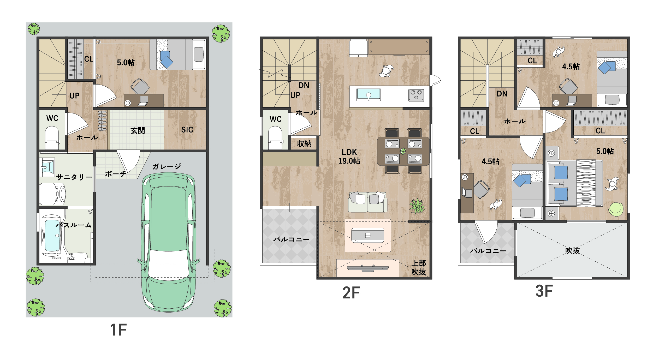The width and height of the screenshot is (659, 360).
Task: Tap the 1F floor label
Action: pyautogui.click(x=118, y=330)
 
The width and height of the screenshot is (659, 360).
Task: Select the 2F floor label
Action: pyautogui.click(x=351, y=293)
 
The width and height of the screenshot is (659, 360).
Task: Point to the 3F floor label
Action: pyautogui.click(x=544, y=291)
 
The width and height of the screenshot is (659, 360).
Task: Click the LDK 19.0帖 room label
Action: pyautogui.click(x=349, y=157)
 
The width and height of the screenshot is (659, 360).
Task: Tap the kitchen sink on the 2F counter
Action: pyautogui.click(x=369, y=94)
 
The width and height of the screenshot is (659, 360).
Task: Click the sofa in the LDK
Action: pyautogui.click(x=368, y=202)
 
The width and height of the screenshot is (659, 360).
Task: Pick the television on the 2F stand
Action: pyautogui.click(x=368, y=268)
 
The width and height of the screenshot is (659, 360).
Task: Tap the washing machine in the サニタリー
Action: pyautogui.click(x=53, y=194)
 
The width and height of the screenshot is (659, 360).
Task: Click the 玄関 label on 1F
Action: pyautogui.click(x=138, y=130)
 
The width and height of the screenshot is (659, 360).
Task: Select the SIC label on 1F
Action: pyautogui.click(x=187, y=130)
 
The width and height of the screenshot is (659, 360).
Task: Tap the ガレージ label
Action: pyautogui.click(x=167, y=166)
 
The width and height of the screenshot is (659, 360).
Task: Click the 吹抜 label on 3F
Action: pyautogui.click(x=572, y=250)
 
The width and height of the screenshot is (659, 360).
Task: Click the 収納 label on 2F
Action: pyautogui.click(x=304, y=143)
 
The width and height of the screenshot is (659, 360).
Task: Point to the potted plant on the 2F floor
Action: pyautogui.click(x=417, y=206)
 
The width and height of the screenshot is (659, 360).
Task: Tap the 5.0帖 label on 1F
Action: pyautogui.click(x=126, y=62)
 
